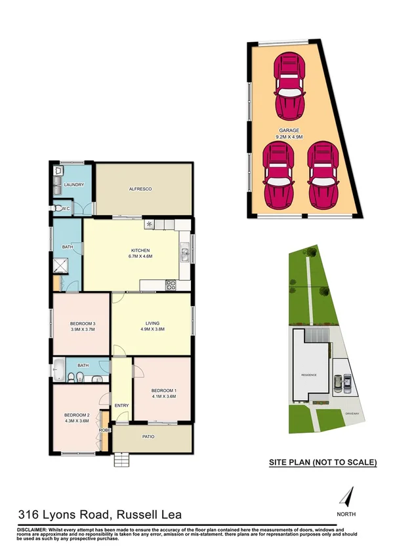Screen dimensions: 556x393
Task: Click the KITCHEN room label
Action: pyautogui.click(x=140, y=250)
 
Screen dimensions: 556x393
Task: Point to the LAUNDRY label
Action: pyautogui.click(x=74, y=184)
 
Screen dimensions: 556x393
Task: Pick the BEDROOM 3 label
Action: pyautogui.click(x=83, y=323)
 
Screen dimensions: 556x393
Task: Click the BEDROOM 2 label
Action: pyautogui.click(x=76, y=414)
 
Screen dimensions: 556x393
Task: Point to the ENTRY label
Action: pyautogui.click(x=122, y=405)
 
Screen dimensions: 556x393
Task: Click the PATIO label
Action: pyautogui.click(x=152, y=436)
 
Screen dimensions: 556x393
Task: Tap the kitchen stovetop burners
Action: pyautogui.click(x=171, y=285)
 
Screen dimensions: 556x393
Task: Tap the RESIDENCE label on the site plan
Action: pyautogui.click(x=309, y=374)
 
